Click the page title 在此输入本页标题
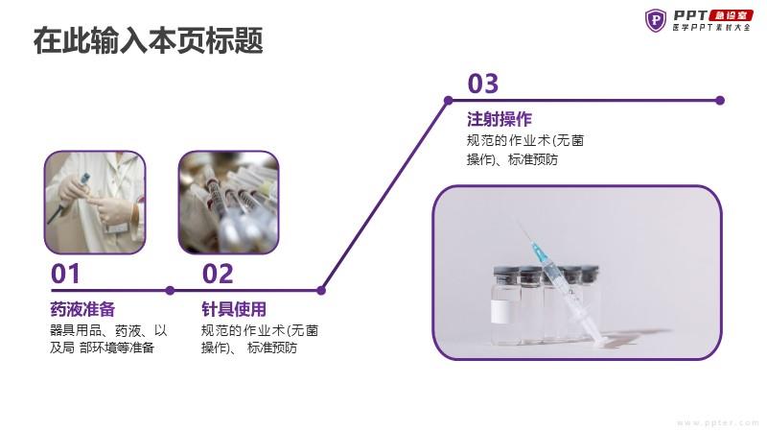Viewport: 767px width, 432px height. [149, 40]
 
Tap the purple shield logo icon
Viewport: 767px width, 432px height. [656, 20]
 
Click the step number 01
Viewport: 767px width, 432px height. [65, 274]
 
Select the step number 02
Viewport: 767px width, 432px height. [218, 274]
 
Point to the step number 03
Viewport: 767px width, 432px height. [483, 84]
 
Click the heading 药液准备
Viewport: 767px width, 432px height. [82, 309]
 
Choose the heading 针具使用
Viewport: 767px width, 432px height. [234, 309]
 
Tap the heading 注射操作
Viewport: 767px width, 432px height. [500, 119]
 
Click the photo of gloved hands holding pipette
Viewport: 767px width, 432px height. [95, 203]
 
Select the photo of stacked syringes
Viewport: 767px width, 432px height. [228, 203]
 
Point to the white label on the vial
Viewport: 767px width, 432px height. [499, 311]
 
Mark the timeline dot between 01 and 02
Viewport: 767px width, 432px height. [170, 291]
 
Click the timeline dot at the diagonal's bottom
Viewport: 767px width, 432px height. [321, 291]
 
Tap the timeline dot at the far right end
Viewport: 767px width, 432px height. [720, 101]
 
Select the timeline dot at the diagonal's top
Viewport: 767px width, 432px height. [448, 101]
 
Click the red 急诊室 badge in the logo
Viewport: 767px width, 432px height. [731, 15]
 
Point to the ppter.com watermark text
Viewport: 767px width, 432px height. [717, 422]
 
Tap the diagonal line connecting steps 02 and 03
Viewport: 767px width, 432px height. [384, 196]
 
